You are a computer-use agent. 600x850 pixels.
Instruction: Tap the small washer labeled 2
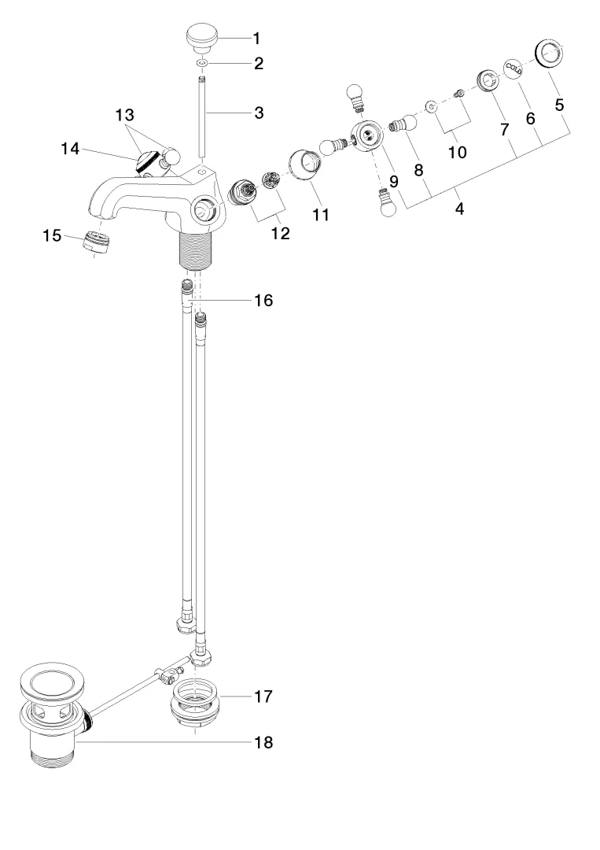coord(203,64)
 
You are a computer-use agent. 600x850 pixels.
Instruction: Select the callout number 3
coord(259,113)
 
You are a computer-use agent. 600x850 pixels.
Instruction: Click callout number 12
coord(280,234)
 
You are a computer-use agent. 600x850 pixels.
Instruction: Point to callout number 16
coord(263,301)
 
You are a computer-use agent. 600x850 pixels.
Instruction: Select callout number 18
coord(263,742)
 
